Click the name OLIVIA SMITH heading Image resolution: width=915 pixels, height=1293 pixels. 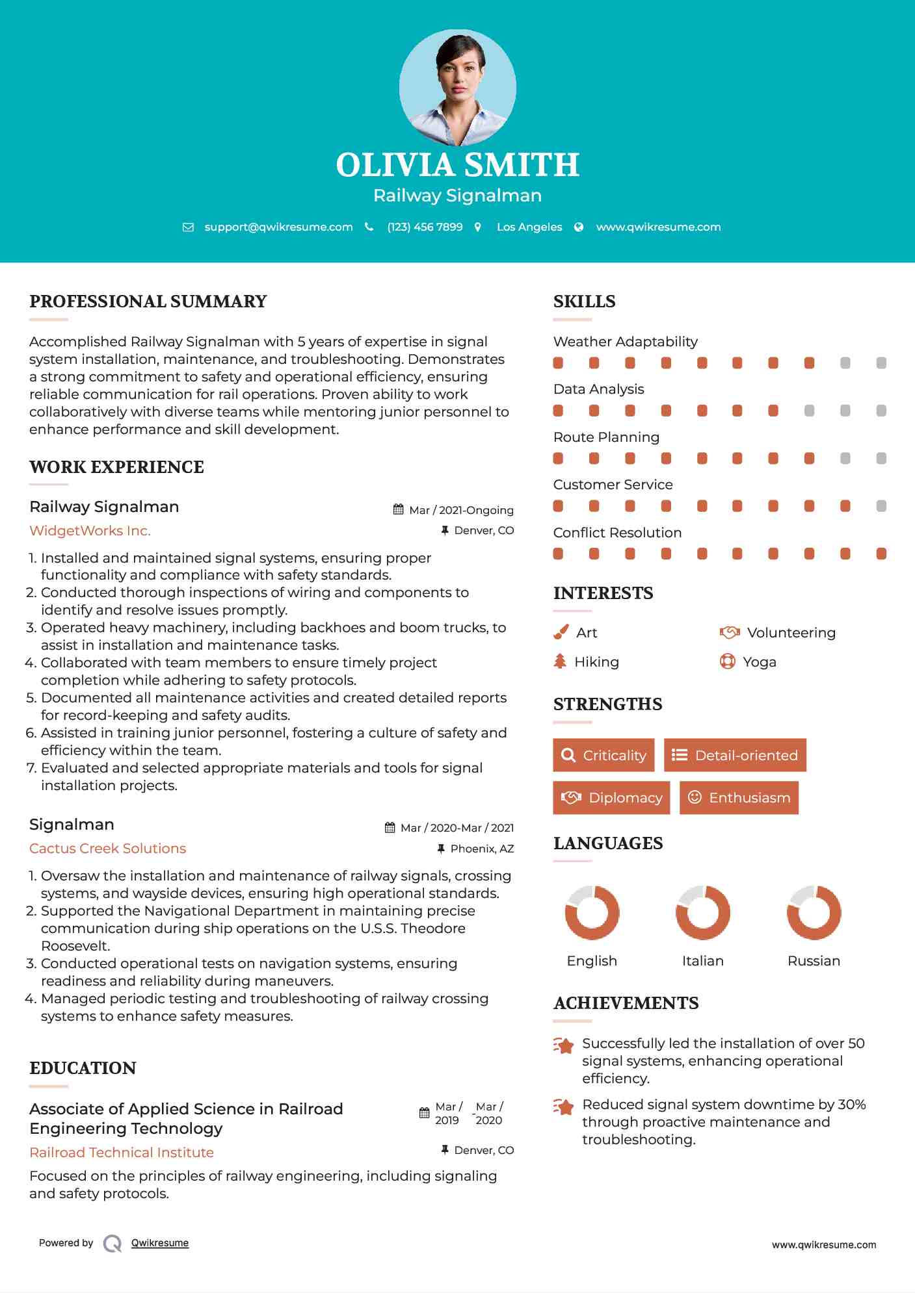(457, 165)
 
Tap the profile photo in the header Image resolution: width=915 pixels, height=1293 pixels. (457, 87)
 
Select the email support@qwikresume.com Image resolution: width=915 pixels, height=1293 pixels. (278, 227)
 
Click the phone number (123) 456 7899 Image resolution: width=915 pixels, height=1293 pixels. (425, 227)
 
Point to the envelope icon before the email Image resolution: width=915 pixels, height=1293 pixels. (188, 227)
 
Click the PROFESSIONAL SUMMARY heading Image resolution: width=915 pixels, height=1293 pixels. (148, 301)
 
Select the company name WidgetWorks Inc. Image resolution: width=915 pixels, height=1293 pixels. (90, 531)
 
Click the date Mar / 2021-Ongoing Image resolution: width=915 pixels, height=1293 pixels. (461, 510)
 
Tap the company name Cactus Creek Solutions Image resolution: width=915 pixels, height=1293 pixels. (107, 849)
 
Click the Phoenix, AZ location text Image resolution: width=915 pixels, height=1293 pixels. (482, 849)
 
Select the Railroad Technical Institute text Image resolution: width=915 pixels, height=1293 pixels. (122, 1153)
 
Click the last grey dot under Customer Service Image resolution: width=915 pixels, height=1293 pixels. (881, 506)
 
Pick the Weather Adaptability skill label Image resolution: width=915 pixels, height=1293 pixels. (625, 342)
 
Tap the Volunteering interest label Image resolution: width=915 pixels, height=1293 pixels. (791, 633)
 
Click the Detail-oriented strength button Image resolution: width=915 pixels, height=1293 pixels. (735, 755)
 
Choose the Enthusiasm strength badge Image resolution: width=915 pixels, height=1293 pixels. (739, 797)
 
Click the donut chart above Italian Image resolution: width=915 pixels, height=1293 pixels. (702, 912)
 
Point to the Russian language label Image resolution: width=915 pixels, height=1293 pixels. (814, 961)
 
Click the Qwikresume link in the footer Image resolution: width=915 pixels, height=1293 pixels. (160, 1243)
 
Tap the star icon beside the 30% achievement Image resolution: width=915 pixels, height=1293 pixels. (564, 1107)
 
